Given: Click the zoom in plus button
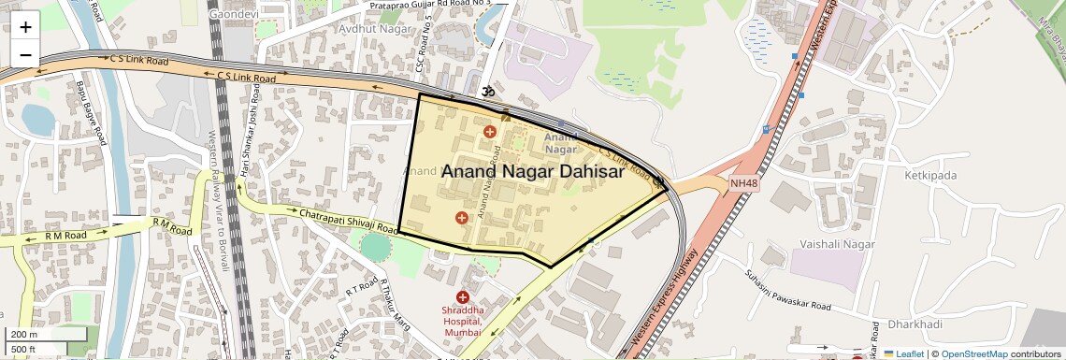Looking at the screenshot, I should click(25, 27).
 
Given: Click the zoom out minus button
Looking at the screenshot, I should click(25, 54).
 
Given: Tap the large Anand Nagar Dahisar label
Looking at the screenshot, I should click(533, 172).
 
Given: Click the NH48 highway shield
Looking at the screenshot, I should click(743, 184).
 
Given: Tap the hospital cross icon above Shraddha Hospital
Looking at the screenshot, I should click(463, 296).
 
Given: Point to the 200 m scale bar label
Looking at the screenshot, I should click(24, 335).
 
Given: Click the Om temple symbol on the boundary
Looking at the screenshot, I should click(486, 92).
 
